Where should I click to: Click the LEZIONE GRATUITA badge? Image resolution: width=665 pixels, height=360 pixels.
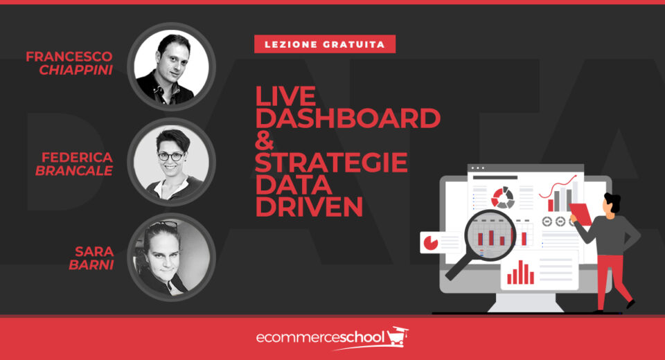click(324, 44)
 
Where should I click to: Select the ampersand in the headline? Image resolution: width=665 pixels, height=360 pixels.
click(267, 142)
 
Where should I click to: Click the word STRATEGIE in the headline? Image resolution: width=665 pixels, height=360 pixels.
click(331, 164)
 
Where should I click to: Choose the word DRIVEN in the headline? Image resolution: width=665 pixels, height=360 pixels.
click(309, 208)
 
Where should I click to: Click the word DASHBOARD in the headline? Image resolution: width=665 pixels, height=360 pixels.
click(348, 118)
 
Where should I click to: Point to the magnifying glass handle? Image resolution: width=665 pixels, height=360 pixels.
click(459, 267)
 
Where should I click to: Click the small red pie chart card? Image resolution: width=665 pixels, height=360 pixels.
click(431, 242)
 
